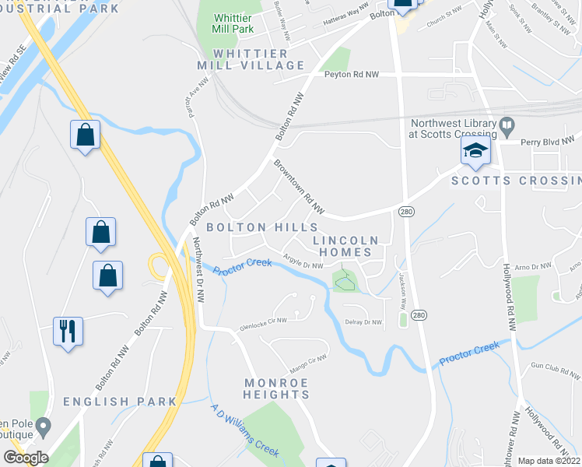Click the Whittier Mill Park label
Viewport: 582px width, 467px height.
point(233,23)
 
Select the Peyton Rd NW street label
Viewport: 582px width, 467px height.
point(352,75)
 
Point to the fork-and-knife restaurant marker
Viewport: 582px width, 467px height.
point(67,331)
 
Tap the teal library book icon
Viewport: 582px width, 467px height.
point(507,125)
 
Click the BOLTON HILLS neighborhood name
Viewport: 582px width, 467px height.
point(262,226)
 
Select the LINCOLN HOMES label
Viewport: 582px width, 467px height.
point(346,246)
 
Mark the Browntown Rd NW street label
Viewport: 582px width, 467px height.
point(298,187)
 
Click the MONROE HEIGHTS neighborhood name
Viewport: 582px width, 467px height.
point(277,388)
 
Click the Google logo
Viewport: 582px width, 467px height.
point(26,458)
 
